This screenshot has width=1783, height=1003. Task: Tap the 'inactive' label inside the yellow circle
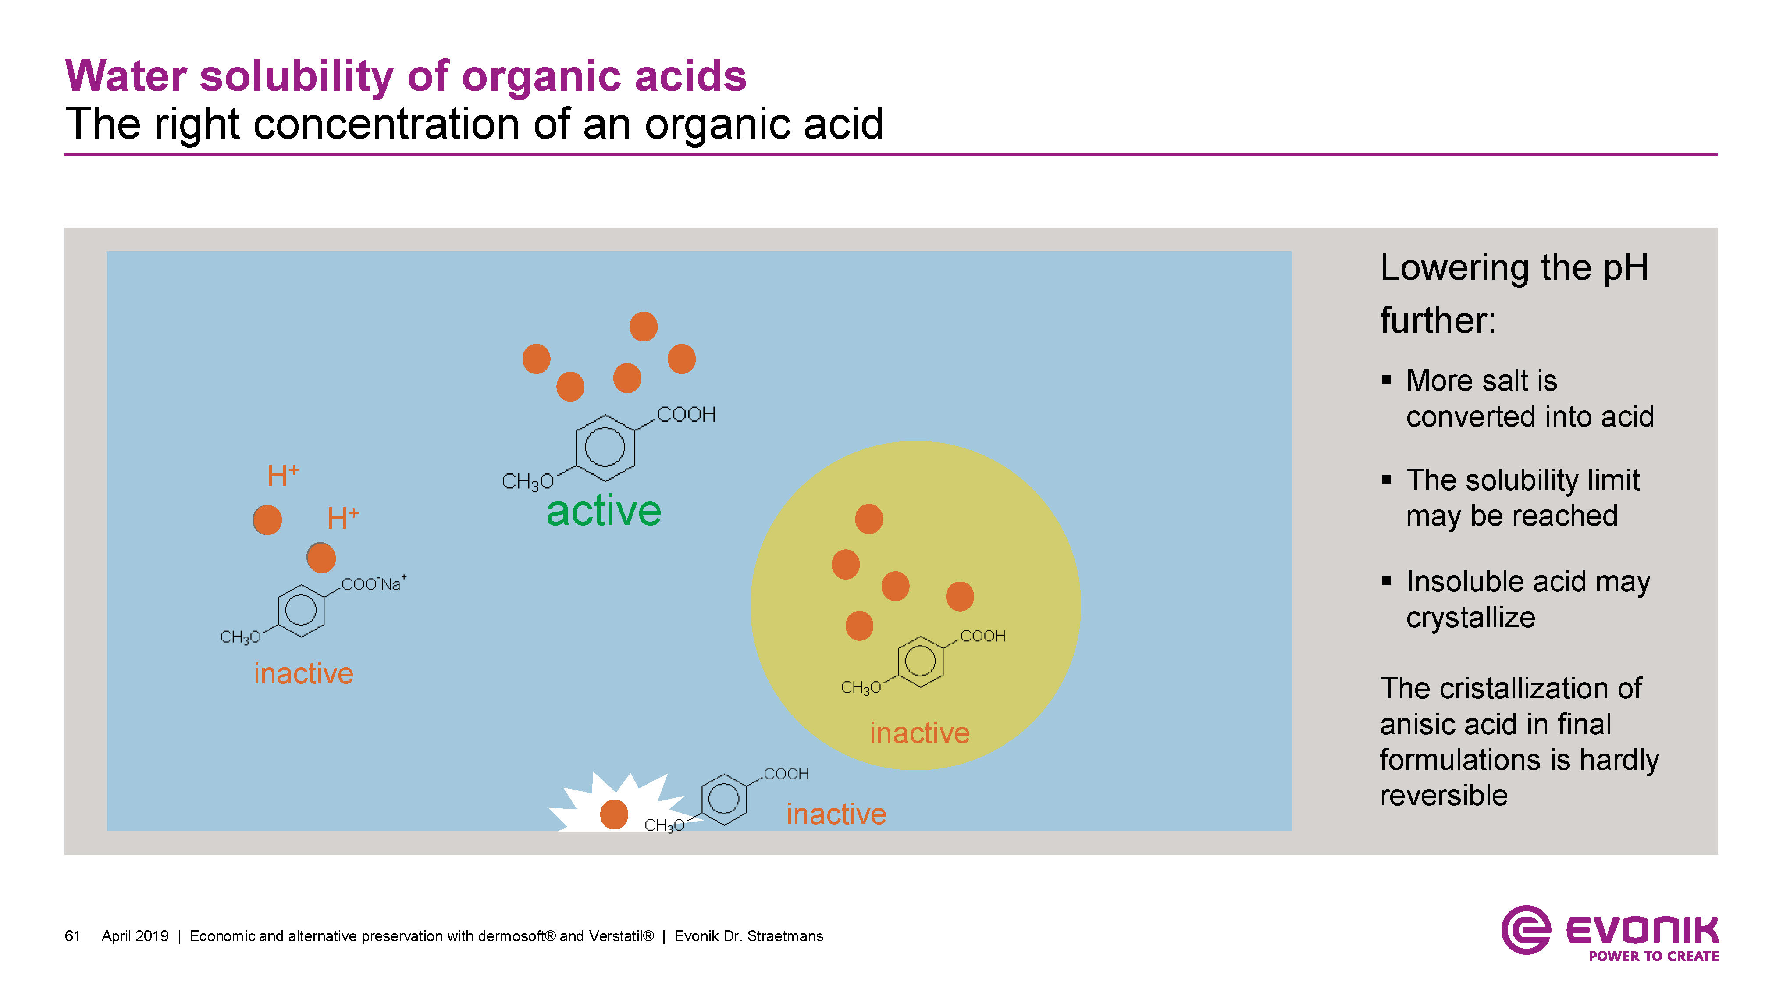pos(919,733)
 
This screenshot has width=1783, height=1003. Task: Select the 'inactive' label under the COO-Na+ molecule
pos(303,673)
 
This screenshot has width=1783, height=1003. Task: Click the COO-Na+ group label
pos(372,584)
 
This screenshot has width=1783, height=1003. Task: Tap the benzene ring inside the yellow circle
pos(920,661)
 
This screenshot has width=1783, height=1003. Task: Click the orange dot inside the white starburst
pos(613,814)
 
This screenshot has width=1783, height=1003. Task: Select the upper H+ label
pos(282,476)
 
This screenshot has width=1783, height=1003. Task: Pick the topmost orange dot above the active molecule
pos(643,327)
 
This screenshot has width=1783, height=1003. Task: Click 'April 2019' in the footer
pos(135,936)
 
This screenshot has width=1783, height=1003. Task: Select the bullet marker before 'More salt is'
pos(1386,380)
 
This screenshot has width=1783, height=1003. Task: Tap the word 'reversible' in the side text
pos(1443,795)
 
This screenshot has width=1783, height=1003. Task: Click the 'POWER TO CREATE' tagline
pos(1653,956)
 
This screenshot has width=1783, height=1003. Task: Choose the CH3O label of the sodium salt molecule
pos(239,637)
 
